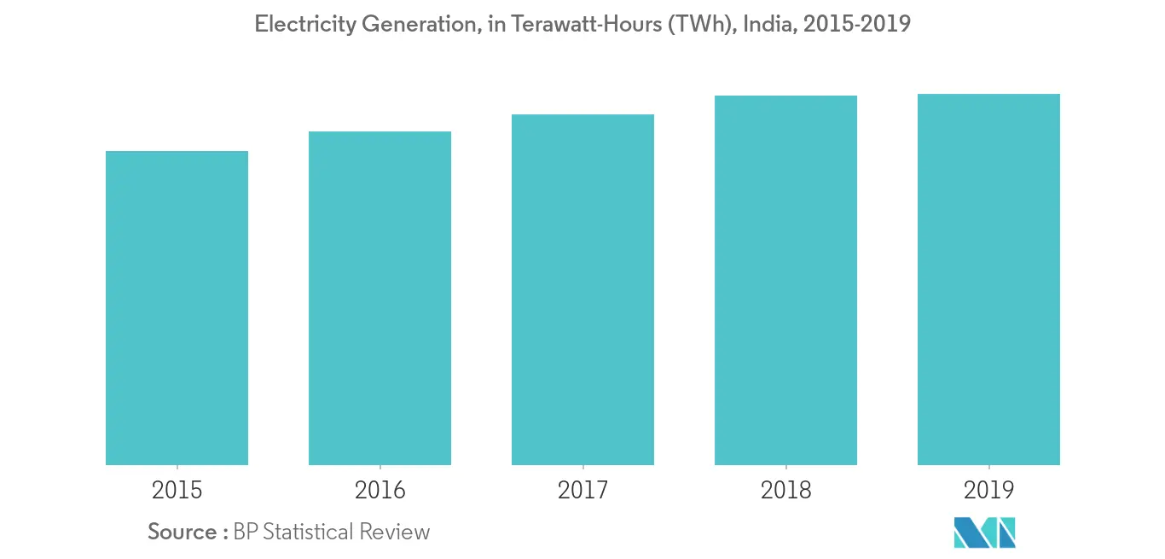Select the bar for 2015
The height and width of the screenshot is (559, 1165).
(x=177, y=308)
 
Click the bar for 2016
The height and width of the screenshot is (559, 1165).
(x=380, y=299)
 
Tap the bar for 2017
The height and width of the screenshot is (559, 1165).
(x=582, y=290)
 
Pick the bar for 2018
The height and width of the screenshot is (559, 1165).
(x=785, y=281)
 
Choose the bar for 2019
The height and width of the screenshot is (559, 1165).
(x=988, y=280)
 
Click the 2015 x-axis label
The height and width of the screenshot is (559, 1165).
(x=177, y=490)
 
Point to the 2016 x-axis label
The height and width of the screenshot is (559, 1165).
(x=380, y=490)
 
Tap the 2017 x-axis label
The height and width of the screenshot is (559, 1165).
(x=582, y=490)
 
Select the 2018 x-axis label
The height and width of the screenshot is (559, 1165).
(x=785, y=490)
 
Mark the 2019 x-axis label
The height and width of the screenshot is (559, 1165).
(x=988, y=490)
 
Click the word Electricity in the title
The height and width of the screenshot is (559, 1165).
(x=304, y=25)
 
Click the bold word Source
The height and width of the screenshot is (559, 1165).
(x=182, y=533)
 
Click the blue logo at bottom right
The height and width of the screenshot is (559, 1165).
(x=984, y=533)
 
